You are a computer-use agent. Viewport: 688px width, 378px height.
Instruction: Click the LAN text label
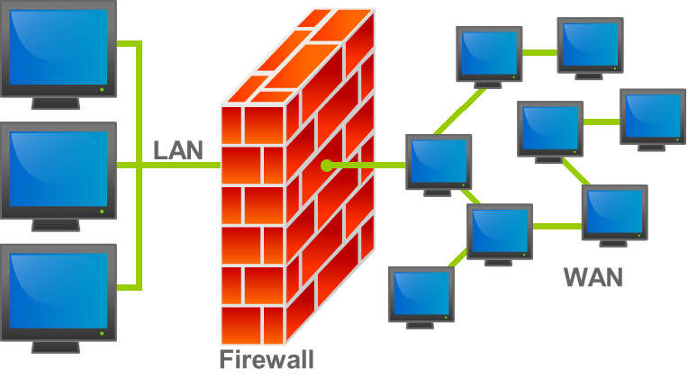(x=178, y=149)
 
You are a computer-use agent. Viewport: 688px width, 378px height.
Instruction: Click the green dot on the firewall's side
(x=326, y=166)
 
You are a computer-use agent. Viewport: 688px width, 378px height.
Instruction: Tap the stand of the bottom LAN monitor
(x=56, y=346)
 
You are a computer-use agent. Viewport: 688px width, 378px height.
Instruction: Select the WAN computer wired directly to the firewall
(x=439, y=162)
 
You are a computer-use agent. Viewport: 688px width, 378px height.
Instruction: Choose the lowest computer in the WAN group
(x=421, y=294)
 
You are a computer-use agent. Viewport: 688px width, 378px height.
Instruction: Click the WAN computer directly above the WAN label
(x=615, y=213)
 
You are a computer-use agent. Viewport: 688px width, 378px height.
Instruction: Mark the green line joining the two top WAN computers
(x=539, y=51)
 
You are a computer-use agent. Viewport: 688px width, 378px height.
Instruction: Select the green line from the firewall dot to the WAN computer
(x=369, y=166)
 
